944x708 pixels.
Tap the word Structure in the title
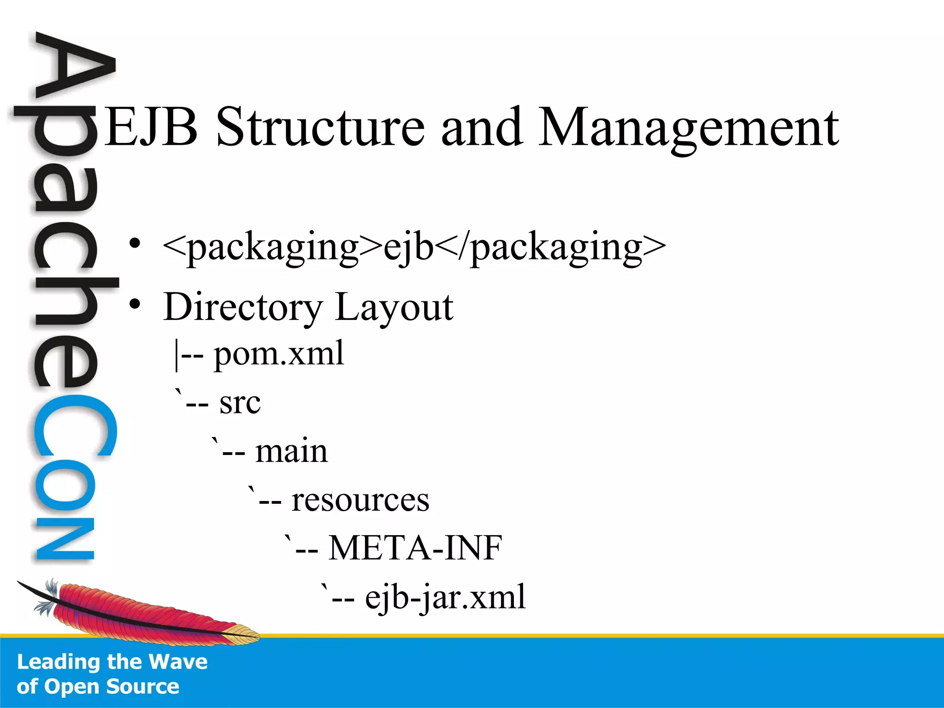click(x=320, y=127)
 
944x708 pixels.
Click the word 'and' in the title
click(x=481, y=127)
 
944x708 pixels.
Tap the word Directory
click(x=243, y=307)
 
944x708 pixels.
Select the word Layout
click(x=394, y=307)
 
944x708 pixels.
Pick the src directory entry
click(x=240, y=403)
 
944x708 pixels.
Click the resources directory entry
click(x=360, y=500)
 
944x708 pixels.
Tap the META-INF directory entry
click(x=415, y=548)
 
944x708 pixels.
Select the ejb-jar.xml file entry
click(x=445, y=597)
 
